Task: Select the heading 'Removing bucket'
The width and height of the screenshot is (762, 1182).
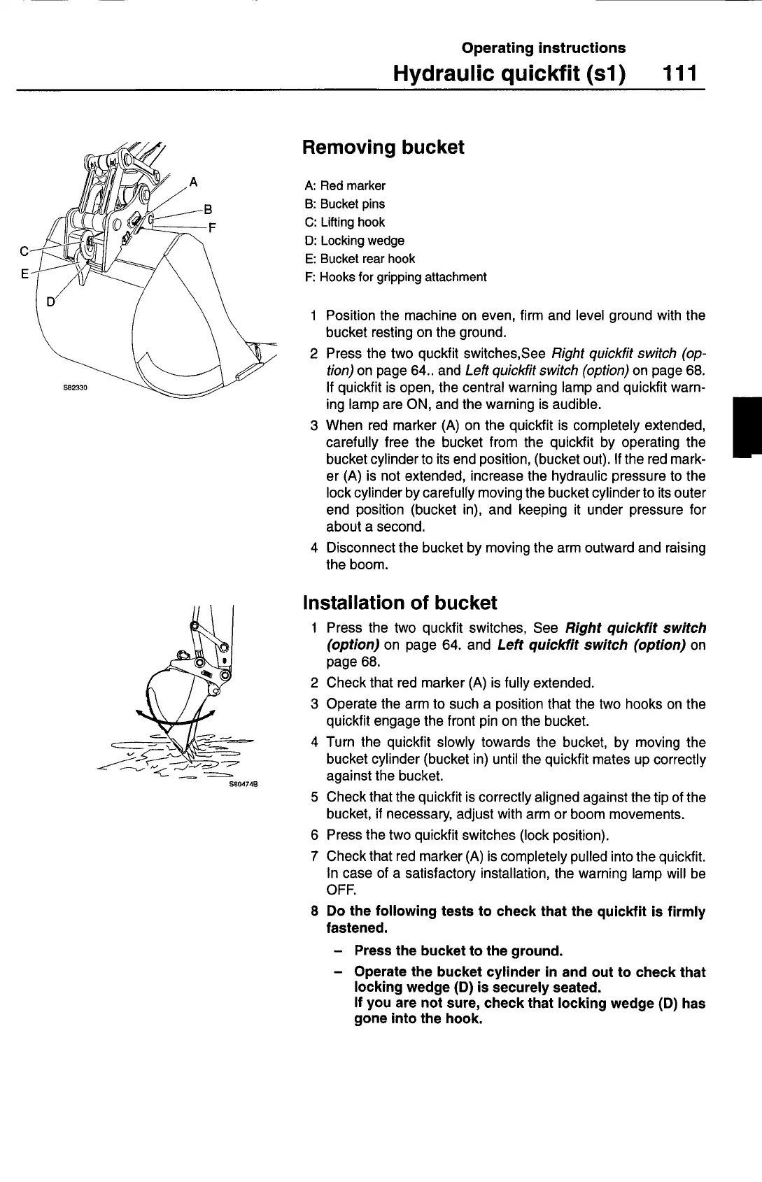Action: [x=383, y=148]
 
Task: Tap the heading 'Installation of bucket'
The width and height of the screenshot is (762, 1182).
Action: [x=400, y=603]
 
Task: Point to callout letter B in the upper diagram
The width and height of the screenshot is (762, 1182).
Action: [x=207, y=208]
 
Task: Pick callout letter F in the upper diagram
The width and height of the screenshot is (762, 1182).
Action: [x=213, y=227]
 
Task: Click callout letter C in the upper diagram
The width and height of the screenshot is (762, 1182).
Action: [x=24, y=250]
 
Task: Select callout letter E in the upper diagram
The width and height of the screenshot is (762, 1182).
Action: [x=24, y=274]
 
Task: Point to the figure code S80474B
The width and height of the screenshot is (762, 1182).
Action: [x=244, y=784]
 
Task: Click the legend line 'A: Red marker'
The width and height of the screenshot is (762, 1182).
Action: [x=345, y=186]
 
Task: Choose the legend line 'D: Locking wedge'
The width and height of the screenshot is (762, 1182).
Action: [x=355, y=241]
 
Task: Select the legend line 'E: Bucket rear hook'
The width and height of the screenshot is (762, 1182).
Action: [x=360, y=259]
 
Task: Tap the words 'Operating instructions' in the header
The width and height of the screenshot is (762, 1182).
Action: [x=544, y=48]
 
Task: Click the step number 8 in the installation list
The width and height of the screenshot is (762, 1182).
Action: [x=315, y=912]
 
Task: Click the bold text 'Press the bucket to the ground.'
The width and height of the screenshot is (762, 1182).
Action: [x=458, y=950]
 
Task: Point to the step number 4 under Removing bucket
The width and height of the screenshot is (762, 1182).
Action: [x=315, y=548]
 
